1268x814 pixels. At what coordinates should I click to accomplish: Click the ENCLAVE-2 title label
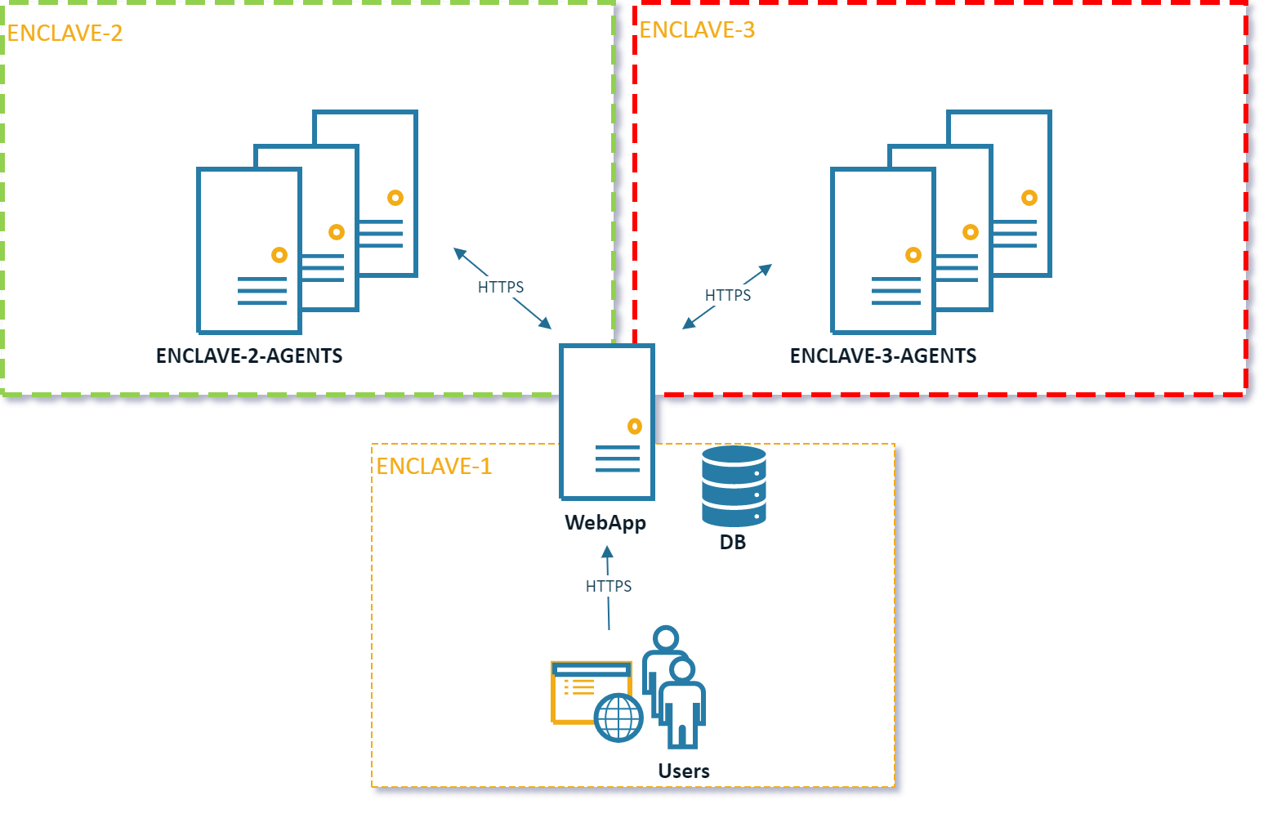tap(65, 33)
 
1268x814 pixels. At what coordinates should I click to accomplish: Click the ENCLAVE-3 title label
tap(697, 29)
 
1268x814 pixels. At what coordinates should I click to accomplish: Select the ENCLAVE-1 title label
tap(434, 466)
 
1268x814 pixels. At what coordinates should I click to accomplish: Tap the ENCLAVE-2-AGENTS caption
tap(249, 356)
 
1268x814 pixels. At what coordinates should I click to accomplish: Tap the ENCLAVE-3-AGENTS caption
tap(883, 356)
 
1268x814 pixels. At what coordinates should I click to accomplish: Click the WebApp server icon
tap(606, 421)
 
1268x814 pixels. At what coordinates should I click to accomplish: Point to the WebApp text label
tap(605, 522)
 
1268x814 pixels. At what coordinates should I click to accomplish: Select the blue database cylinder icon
tap(734, 485)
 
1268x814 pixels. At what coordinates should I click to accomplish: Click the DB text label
tap(733, 542)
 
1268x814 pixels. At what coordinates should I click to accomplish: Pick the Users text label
tap(684, 771)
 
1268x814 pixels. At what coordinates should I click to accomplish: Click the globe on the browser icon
tap(618, 718)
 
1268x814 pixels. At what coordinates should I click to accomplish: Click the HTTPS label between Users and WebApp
tap(609, 586)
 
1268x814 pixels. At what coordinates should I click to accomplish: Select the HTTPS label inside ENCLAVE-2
tap(501, 287)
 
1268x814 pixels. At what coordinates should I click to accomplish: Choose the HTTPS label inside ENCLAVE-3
tap(728, 295)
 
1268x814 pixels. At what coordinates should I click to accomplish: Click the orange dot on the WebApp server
tap(635, 426)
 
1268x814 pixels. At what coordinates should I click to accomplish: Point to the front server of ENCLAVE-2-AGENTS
tap(249, 250)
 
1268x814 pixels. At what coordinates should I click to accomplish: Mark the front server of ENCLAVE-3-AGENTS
tap(883, 250)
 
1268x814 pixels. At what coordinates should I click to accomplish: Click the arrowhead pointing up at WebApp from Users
tap(607, 552)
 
